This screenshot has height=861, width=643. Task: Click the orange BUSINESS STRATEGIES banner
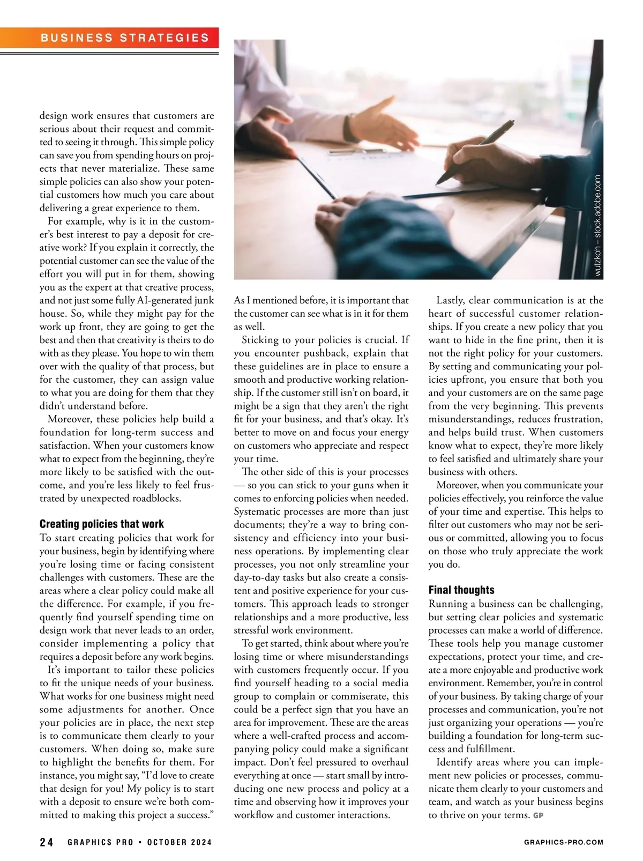click(124, 38)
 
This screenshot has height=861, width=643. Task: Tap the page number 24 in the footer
click(47, 842)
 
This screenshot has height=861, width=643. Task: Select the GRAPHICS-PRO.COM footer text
click(563, 842)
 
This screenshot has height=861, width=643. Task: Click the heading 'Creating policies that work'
click(102, 524)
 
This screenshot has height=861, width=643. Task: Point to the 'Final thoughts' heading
click(461, 590)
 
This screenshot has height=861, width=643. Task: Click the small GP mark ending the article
click(539, 815)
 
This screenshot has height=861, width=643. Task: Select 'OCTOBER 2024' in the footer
click(180, 842)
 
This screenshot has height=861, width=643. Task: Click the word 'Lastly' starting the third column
click(450, 300)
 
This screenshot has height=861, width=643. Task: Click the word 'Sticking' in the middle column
click(259, 340)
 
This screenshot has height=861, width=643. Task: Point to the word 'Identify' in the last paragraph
click(454, 762)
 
